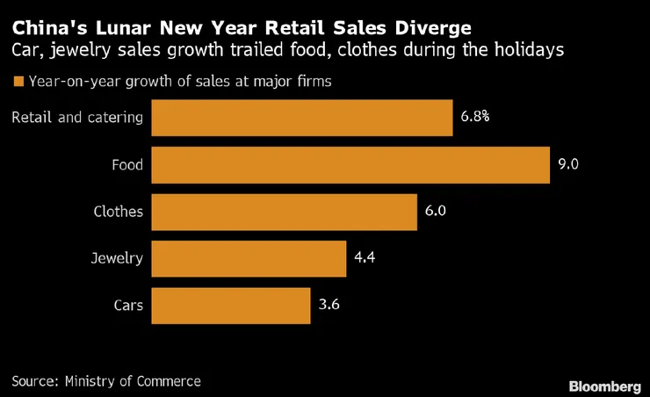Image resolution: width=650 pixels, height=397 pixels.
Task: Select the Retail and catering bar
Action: click(x=303, y=118)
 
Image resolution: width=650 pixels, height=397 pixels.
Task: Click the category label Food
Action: click(x=126, y=164)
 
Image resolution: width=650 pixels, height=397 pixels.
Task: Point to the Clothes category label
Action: click(x=118, y=212)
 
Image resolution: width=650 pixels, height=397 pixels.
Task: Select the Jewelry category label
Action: click(x=117, y=259)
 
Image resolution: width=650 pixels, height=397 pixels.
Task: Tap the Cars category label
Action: click(x=128, y=306)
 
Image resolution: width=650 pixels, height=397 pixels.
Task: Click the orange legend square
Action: click(x=17, y=83)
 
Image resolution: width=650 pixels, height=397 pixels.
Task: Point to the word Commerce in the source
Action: click(x=169, y=381)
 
